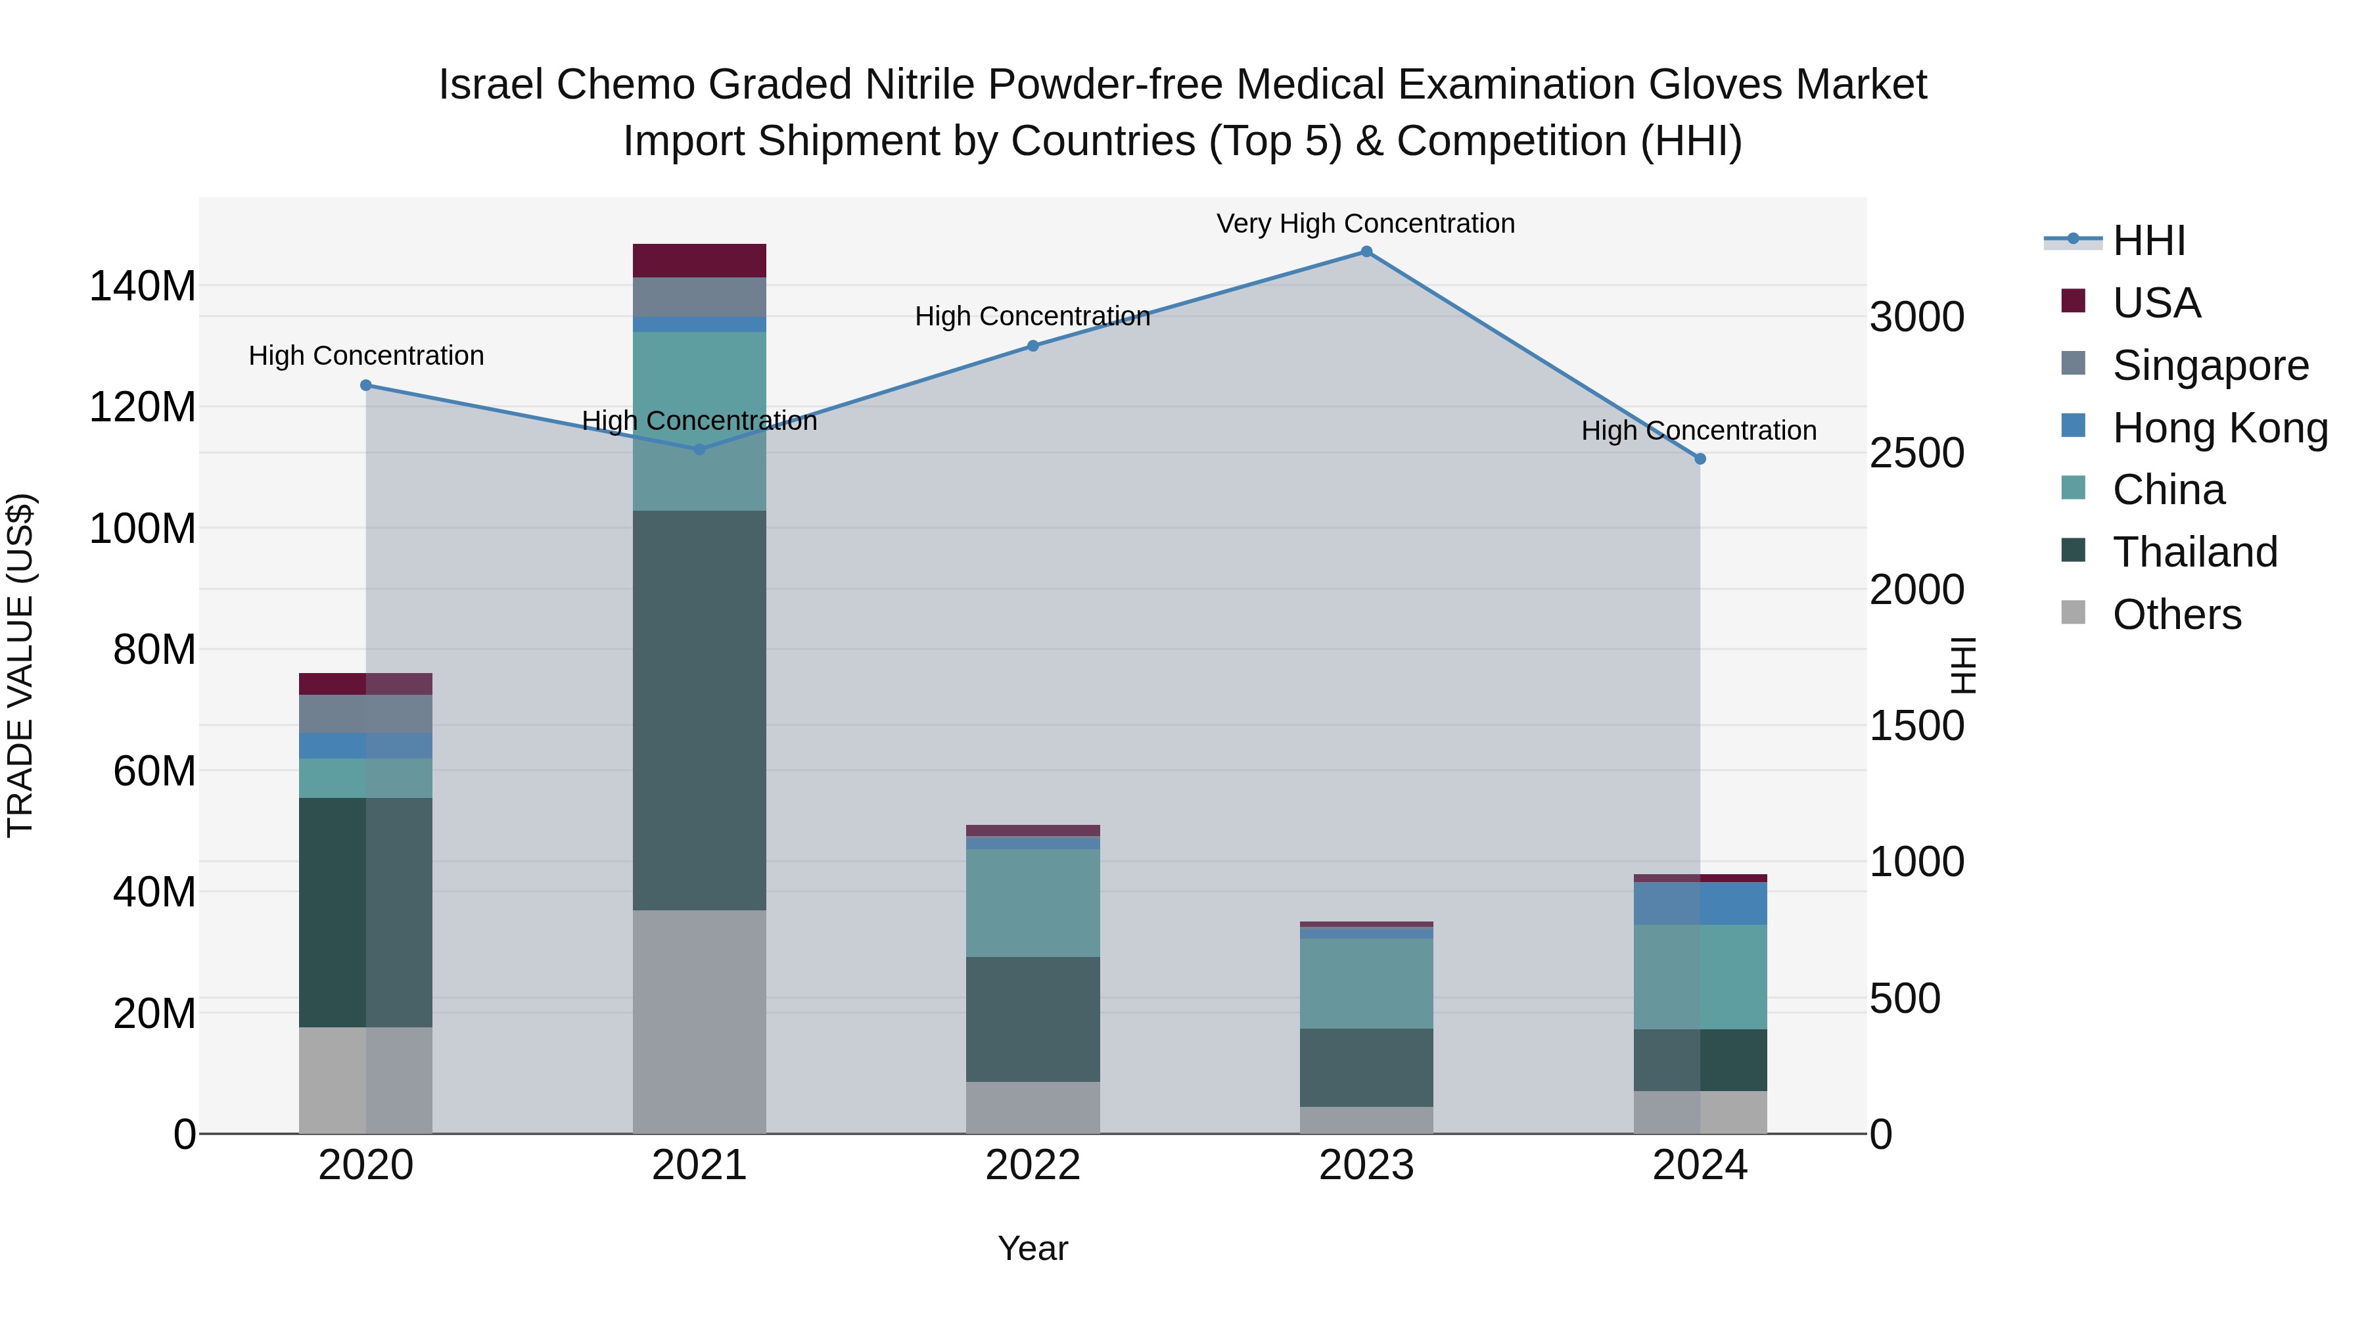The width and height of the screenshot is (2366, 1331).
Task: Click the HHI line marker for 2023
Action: pos(1366,252)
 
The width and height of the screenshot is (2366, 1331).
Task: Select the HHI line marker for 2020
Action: pos(365,386)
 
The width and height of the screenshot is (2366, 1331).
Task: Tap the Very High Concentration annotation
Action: pos(1365,224)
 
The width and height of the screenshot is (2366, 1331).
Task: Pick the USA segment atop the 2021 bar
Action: pos(699,261)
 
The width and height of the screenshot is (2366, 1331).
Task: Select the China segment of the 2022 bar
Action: pos(1032,903)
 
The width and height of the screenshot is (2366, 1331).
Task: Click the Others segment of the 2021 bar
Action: pos(699,1021)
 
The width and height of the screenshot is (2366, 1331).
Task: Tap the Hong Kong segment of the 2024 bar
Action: pos(1700,903)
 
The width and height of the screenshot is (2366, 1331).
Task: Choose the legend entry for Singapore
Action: pos(2209,365)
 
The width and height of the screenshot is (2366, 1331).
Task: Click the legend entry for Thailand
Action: pos(2194,552)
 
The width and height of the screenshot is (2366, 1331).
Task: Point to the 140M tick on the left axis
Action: pos(143,287)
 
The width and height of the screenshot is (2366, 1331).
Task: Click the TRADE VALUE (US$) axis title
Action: pos(20,665)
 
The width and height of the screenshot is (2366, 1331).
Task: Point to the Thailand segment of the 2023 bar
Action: pos(1366,1067)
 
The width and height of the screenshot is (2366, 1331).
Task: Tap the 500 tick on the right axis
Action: pos(1905,999)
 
